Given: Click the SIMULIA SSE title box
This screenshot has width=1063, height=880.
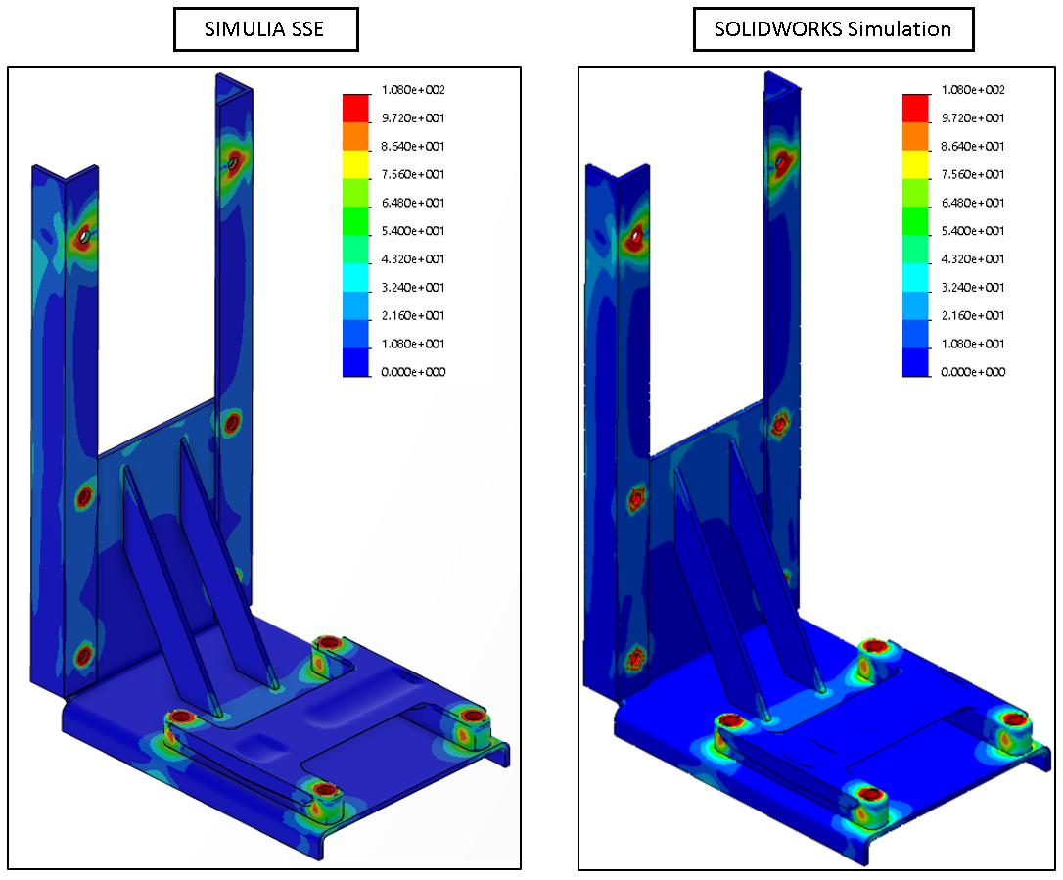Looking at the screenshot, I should pyautogui.click(x=264, y=29).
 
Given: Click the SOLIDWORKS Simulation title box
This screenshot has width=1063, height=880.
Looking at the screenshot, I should pyautogui.click(x=832, y=29).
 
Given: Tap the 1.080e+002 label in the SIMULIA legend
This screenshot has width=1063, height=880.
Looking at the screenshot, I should pyautogui.click(x=413, y=90).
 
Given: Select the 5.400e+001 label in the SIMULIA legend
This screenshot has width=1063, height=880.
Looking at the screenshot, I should pyautogui.click(x=413, y=231).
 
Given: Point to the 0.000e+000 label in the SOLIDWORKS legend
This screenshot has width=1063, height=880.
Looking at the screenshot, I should pyautogui.click(x=972, y=372).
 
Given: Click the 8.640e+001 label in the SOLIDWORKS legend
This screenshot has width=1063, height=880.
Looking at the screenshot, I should pyautogui.click(x=972, y=147).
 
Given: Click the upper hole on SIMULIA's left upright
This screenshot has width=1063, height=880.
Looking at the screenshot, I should pyautogui.click(x=86, y=235).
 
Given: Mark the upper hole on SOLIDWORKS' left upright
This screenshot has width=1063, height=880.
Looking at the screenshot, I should pyautogui.click(x=638, y=235).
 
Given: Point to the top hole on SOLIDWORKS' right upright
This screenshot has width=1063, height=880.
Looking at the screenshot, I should pyautogui.click(x=783, y=158).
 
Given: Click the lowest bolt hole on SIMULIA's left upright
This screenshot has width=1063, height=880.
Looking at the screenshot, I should pyautogui.click(x=84, y=653).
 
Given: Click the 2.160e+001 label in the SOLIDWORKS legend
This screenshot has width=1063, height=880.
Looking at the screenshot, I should pyautogui.click(x=972, y=315).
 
